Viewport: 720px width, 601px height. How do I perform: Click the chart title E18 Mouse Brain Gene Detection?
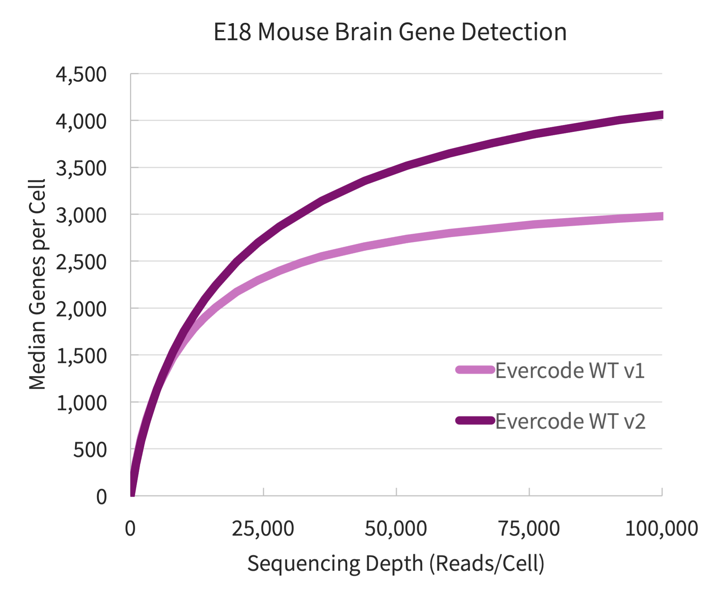point(390,32)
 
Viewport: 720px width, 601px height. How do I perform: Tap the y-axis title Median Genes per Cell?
point(37,284)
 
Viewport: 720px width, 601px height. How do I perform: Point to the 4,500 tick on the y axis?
point(81,75)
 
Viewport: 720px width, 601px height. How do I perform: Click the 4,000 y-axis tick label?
point(81,121)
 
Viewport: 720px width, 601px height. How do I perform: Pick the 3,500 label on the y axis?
point(81,168)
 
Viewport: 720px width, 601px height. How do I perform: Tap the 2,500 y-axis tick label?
point(81,262)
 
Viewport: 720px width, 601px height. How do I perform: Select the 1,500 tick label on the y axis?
point(81,356)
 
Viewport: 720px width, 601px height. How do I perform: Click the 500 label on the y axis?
point(90,450)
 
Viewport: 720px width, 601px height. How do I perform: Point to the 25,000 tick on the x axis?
point(263,529)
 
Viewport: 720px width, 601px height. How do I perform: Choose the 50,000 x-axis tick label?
point(396,529)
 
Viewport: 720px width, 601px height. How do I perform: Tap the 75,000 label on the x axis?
point(529,529)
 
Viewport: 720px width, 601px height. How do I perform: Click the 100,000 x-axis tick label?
point(661,529)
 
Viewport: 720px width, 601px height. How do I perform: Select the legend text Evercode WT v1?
point(570,371)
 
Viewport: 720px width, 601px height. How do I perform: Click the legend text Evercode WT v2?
point(570,421)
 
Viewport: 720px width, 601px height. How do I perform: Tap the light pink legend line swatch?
point(475,370)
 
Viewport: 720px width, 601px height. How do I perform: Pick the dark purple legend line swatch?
point(475,420)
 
